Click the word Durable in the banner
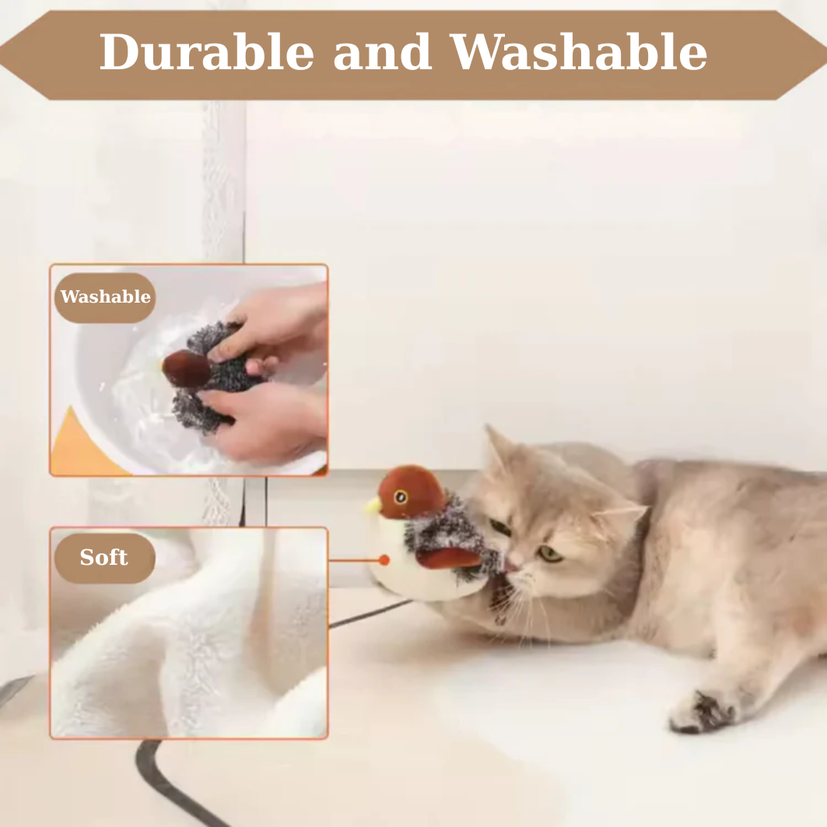pos(207,51)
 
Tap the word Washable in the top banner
pos(579,51)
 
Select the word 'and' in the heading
pos(383,51)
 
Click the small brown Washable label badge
pos(105,297)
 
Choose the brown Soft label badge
pos(104,558)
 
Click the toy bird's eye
pos(401,496)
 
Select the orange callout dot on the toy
pos(384,560)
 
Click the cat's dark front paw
pos(703,712)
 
